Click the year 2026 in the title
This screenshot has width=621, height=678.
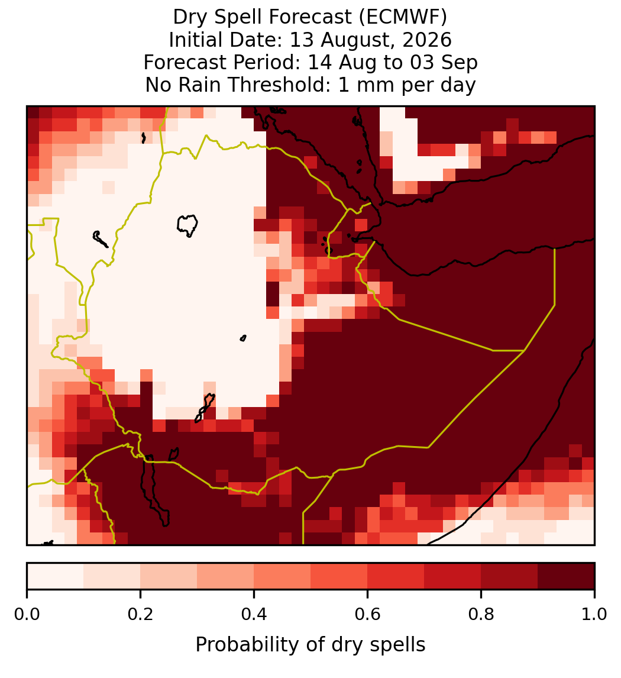point(427,40)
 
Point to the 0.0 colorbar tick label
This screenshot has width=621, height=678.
point(27,614)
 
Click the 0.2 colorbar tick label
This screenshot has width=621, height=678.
point(140,614)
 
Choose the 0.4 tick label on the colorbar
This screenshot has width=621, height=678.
point(254,614)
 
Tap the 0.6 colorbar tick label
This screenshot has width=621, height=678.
point(368,614)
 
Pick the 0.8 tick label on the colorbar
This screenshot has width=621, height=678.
point(481,614)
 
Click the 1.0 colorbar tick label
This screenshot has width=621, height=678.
point(594,614)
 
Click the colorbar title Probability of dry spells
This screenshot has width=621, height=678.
point(310,645)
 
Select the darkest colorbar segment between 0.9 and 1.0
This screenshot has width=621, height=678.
point(566,576)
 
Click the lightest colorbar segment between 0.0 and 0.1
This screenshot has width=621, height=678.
point(56,576)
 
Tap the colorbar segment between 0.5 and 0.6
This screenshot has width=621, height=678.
point(339,576)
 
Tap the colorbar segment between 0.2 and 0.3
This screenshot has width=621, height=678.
point(169,576)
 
